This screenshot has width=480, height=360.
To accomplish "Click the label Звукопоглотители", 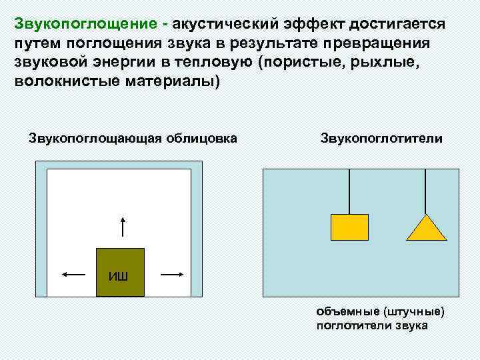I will (x=381, y=139).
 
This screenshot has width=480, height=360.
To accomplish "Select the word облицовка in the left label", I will (x=200, y=139).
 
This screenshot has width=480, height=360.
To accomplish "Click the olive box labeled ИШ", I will (x=120, y=272).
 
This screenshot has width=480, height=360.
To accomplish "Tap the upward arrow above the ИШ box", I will (x=122, y=227).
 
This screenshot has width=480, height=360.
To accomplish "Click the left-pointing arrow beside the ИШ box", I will (x=73, y=273).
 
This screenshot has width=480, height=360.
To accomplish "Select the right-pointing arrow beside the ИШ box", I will (x=171, y=273).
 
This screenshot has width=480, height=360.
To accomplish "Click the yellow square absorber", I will (x=349, y=227).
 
